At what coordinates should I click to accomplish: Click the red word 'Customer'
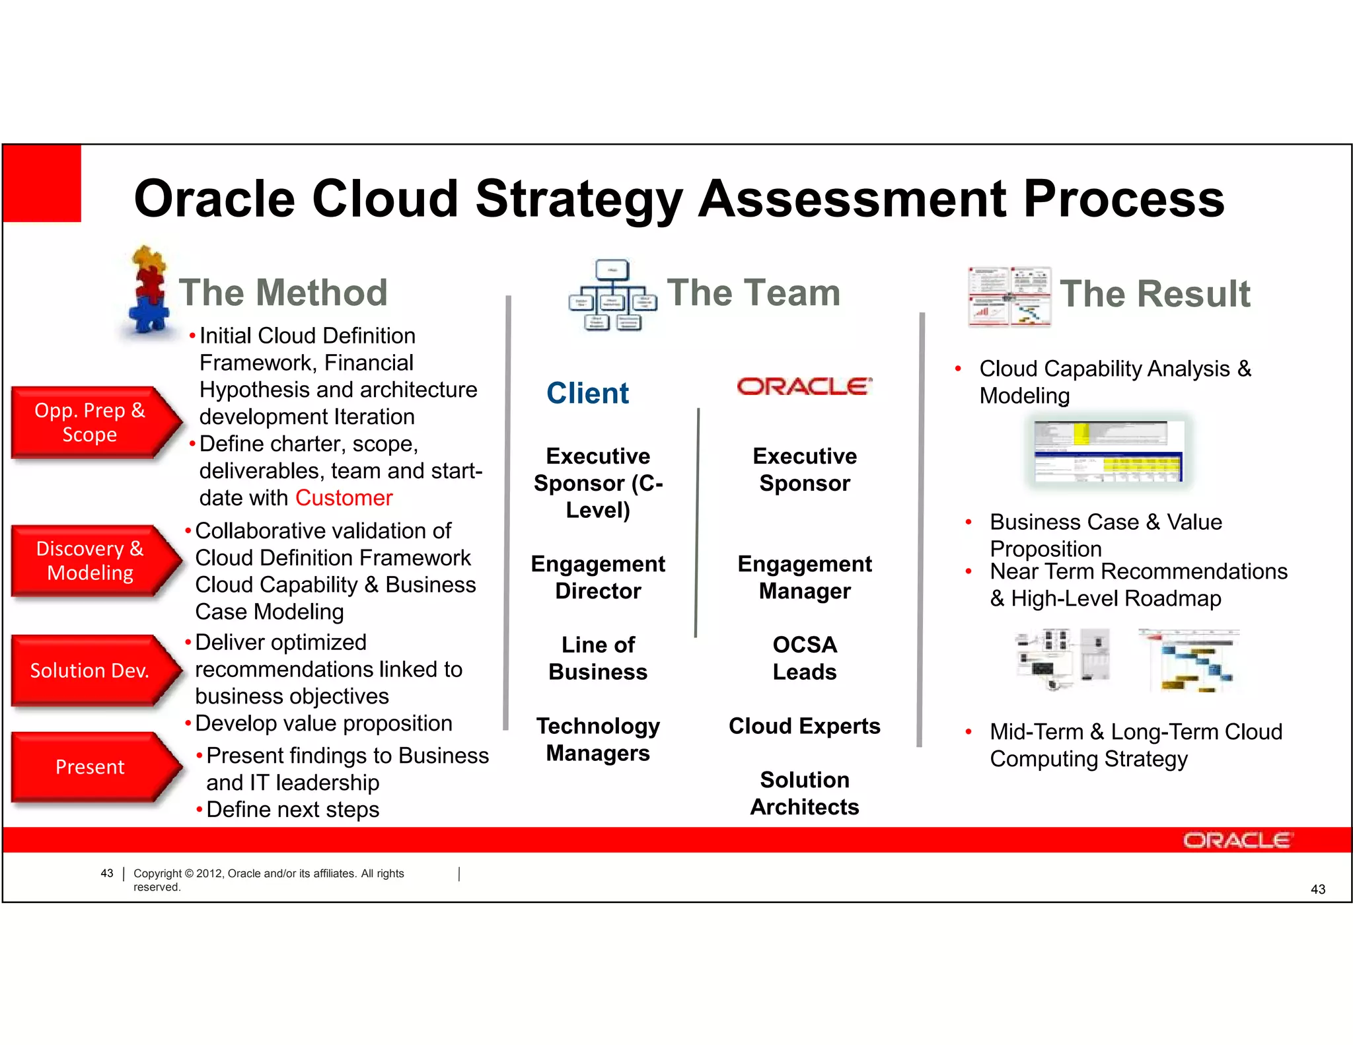[344, 498]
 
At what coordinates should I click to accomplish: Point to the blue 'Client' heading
[587, 394]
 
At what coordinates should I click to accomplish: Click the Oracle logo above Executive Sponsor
[804, 386]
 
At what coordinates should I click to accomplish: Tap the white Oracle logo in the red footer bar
[1237, 840]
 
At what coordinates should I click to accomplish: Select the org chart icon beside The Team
[612, 295]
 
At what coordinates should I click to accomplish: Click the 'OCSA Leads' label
[804, 658]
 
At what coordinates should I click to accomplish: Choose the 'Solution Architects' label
[804, 793]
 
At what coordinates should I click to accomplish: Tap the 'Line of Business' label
[598, 658]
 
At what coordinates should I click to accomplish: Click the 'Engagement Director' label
[598, 577]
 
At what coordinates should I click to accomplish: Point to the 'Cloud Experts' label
[804, 726]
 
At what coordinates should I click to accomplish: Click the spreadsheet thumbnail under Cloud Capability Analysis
[1108, 452]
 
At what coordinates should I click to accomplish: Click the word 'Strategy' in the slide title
[579, 199]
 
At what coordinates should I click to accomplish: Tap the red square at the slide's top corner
[42, 183]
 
